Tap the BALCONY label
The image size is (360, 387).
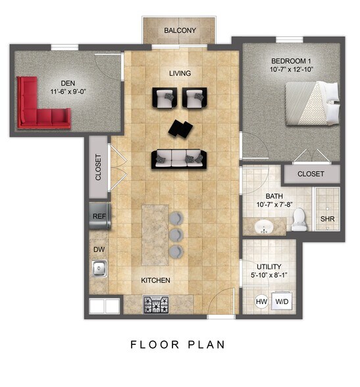pyautogui.click(x=180, y=31)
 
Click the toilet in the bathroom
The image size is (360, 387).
pyautogui.click(x=298, y=219)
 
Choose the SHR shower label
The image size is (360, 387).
pyautogui.click(x=326, y=219)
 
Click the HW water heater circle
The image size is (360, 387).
pyautogui.click(x=261, y=301)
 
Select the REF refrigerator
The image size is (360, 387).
pyautogui.click(x=99, y=215)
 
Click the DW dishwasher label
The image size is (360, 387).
pyautogui.click(x=99, y=249)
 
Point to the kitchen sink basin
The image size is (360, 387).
pyautogui.click(x=99, y=269)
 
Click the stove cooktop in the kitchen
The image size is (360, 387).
pyautogui.click(x=157, y=304)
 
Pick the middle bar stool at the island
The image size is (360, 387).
pyautogui.click(x=175, y=235)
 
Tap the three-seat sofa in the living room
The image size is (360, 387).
pyautogui.click(x=178, y=158)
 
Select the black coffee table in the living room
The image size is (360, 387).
pyautogui.click(x=180, y=128)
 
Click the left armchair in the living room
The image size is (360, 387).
pyautogui.click(x=164, y=98)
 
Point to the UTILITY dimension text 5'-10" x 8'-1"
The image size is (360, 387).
pyautogui.click(x=270, y=275)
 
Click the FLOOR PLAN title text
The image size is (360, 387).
pyautogui.click(x=178, y=344)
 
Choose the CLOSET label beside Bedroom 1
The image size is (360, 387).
pyautogui.click(x=310, y=174)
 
